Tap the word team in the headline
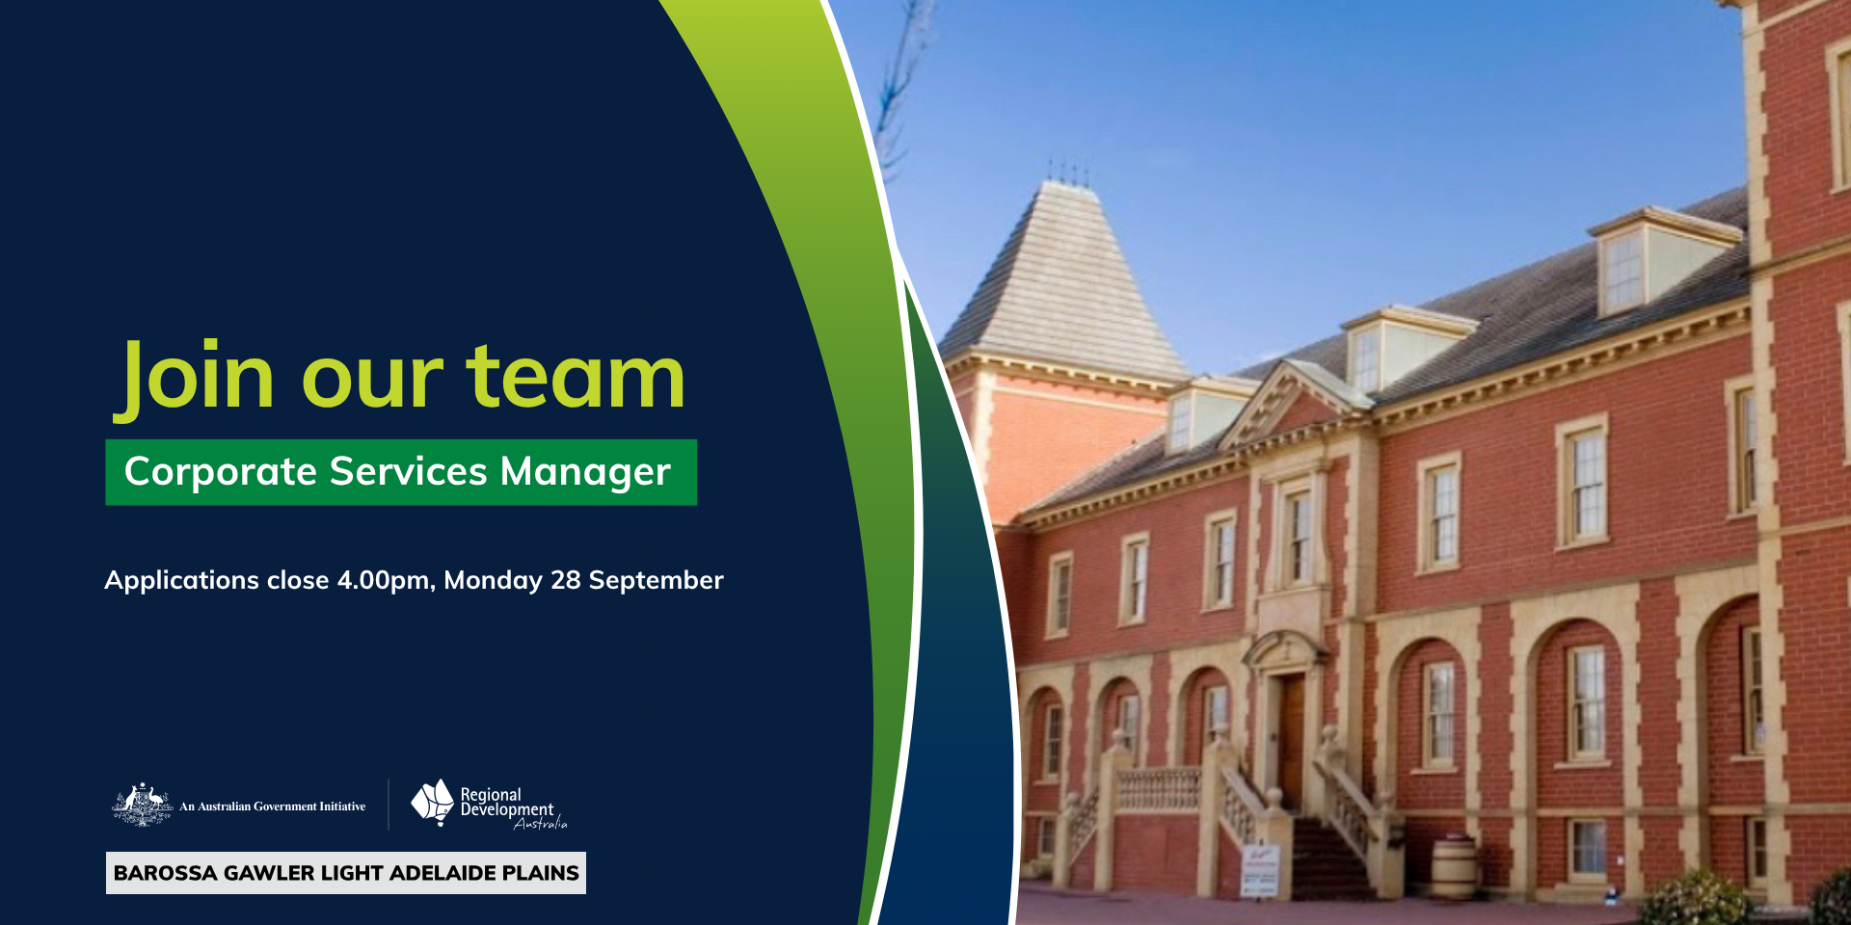pos(576,378)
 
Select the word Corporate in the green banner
pos(221,472)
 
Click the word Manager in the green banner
pos(585,472)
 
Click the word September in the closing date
pos(656,581)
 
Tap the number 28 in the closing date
pos(565,580)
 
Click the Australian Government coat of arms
pos(143,805)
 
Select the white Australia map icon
pos(433,802)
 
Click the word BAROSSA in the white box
pos(165,873)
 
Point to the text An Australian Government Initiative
pos(273,806)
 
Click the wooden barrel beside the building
pos(1454,868)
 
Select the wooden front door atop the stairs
pos(1290,742)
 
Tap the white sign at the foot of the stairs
pos(1260,869)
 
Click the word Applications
pos(181,581)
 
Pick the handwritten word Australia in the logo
pos(541,823)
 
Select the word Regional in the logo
pos(491,795)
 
